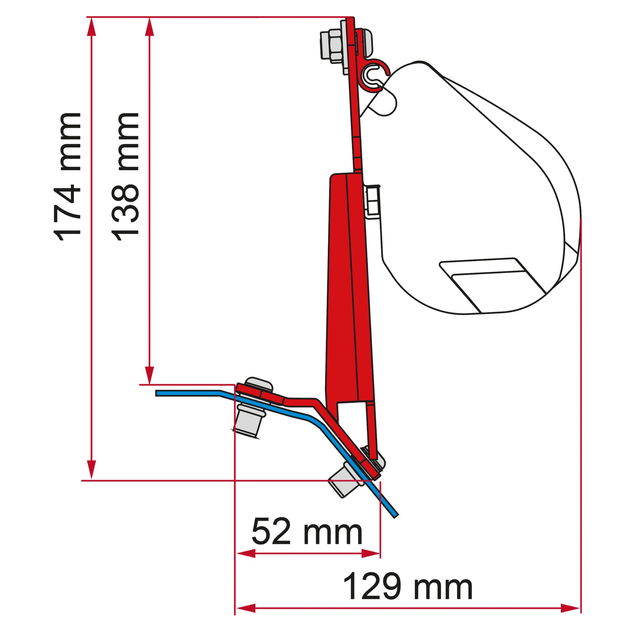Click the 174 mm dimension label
[x=67, y=177]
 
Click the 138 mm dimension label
[x=126, y=177]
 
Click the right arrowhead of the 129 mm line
[x=570, y=608]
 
